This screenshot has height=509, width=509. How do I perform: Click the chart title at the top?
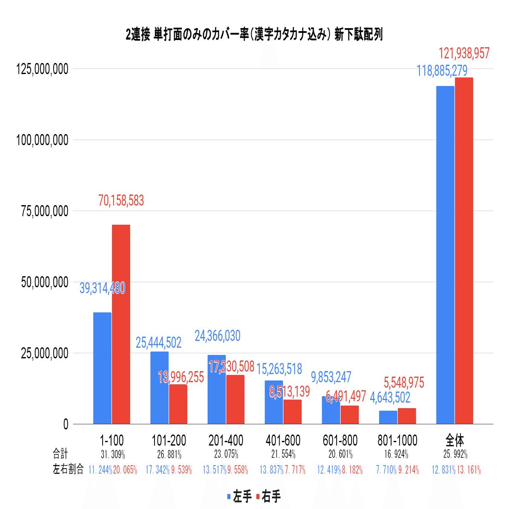[254, 35]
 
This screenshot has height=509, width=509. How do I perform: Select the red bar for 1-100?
[121, 323]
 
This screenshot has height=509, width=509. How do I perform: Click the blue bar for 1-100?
[102, 368]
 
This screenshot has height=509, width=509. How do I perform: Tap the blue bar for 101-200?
[160, 387]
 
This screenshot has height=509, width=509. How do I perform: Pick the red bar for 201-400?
[235, 399]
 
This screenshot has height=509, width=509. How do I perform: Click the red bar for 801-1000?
[407, 416]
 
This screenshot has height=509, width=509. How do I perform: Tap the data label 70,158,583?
[121, 200]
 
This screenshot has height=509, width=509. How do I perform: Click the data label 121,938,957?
[464, 54]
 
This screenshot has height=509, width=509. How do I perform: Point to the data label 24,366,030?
[217, 336]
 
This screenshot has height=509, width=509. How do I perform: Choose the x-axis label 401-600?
[283, 440]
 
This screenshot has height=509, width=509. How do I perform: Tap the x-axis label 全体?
[455, 440]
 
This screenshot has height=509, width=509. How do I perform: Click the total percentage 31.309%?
[112, 454]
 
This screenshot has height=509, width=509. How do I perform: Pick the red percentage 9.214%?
[409, 470]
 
